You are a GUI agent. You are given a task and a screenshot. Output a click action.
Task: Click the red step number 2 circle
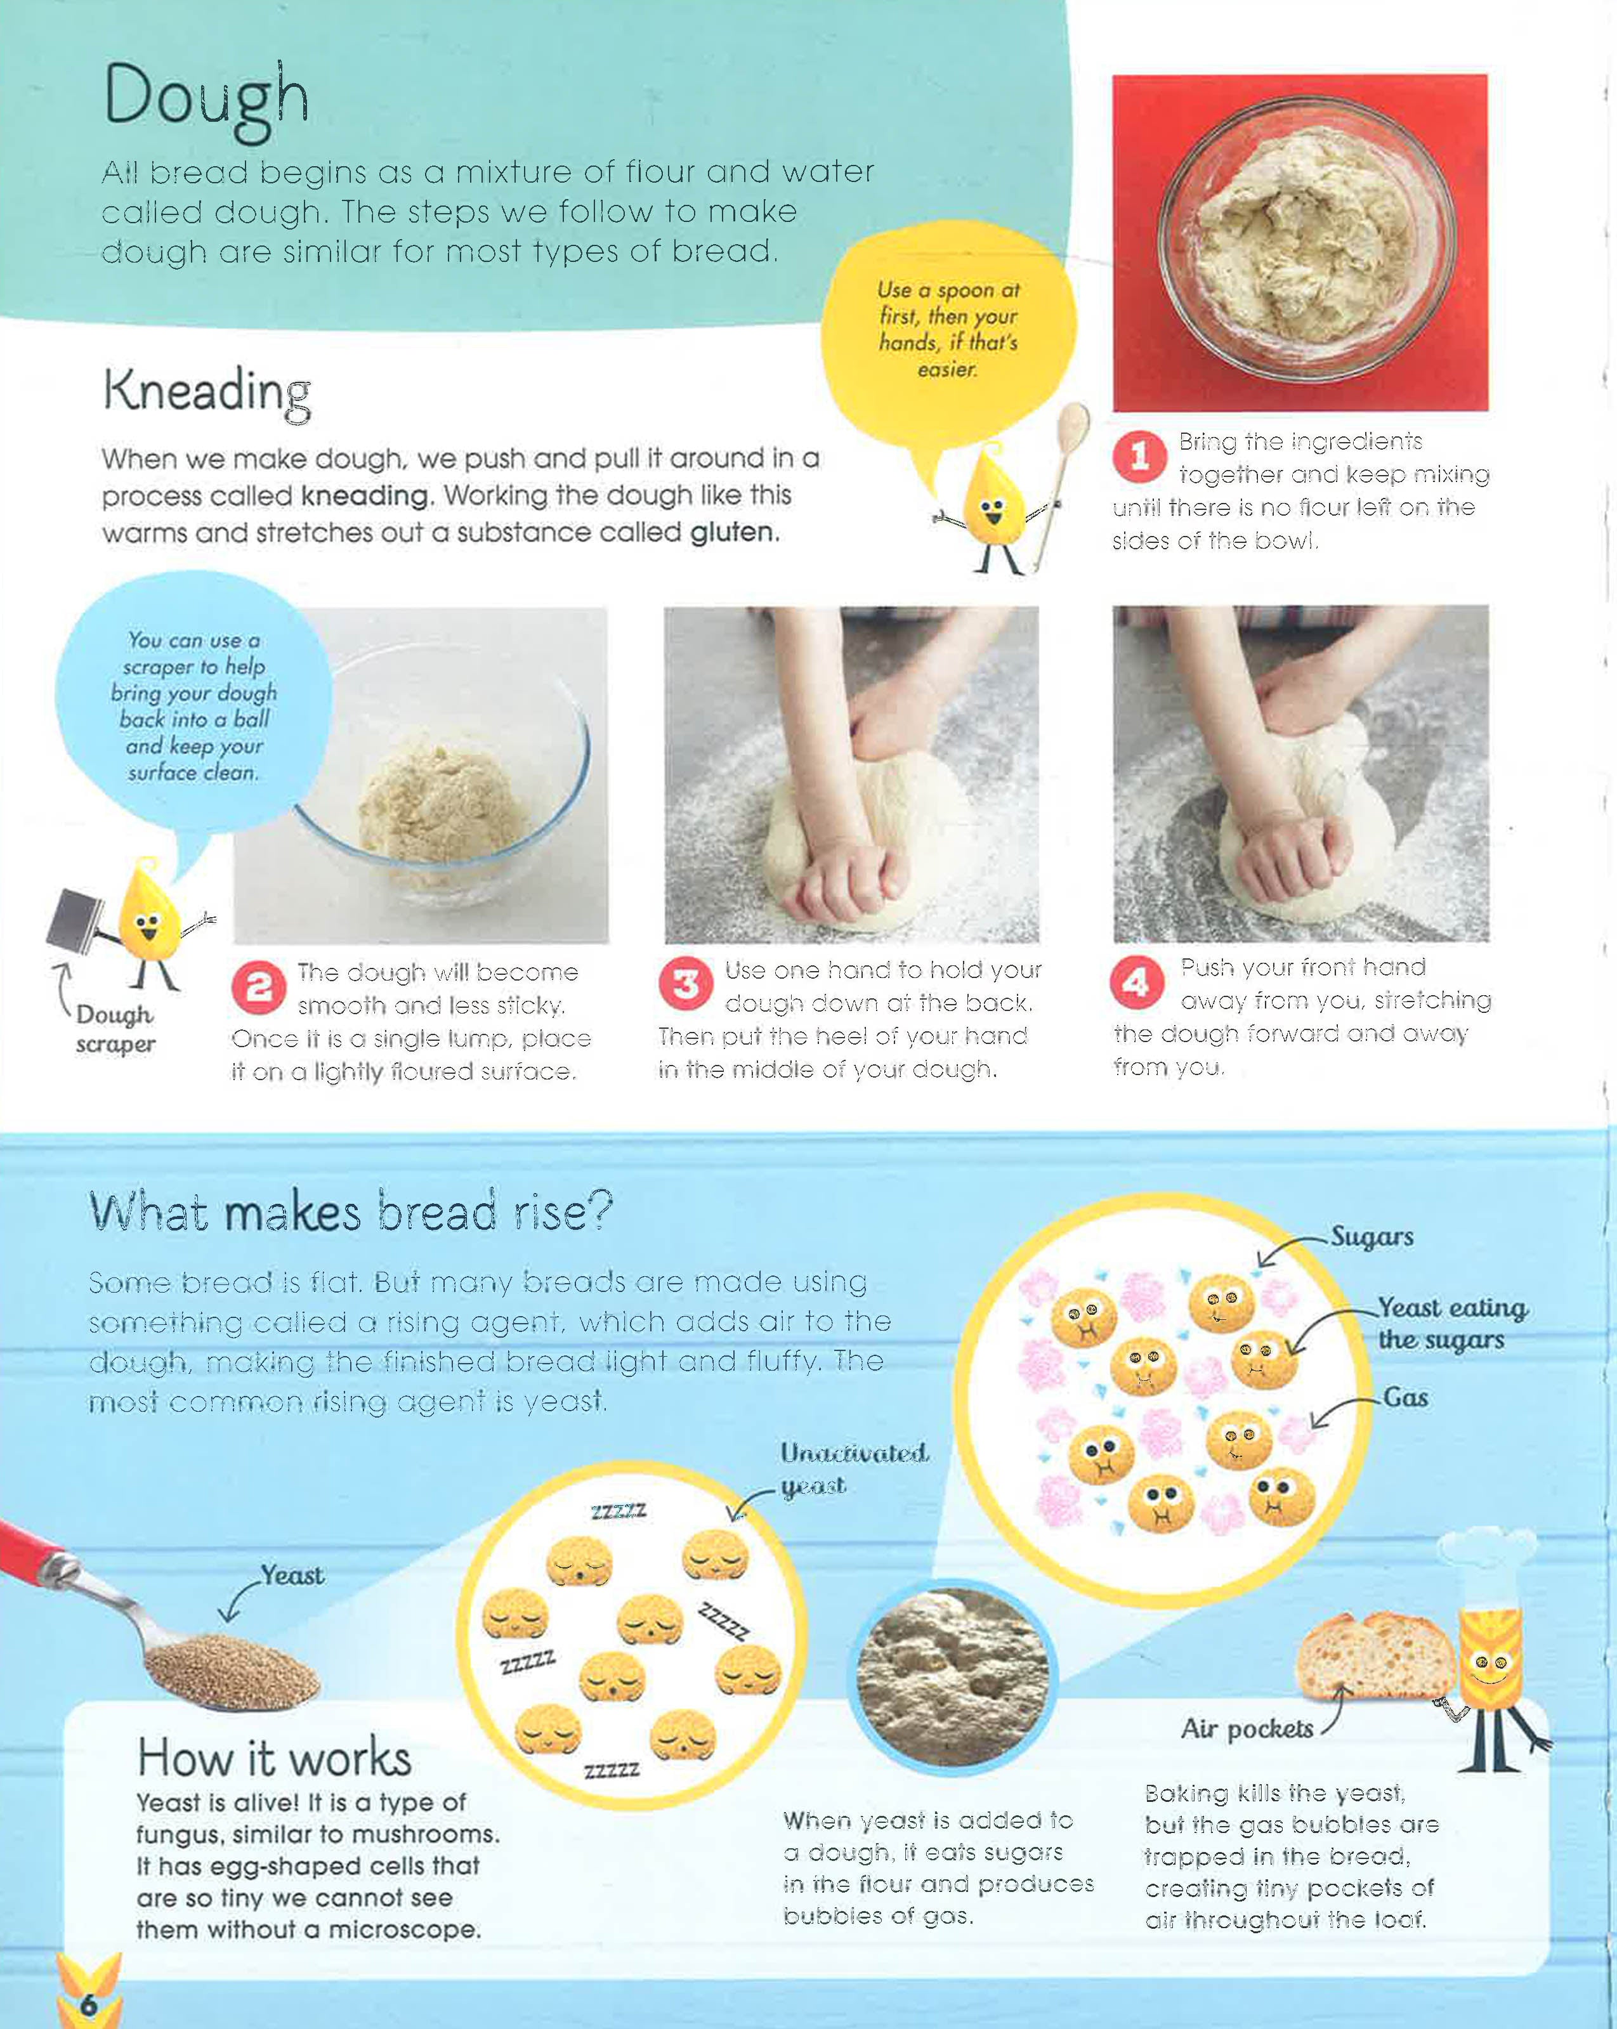pos(259,987)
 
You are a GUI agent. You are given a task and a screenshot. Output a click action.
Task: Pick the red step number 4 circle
pos(1137,982)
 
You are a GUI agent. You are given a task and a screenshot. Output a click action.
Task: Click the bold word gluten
pos(734,533)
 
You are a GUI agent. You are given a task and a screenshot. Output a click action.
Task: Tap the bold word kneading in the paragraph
pos(364,496)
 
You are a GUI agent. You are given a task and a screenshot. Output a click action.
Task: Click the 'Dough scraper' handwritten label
pos(115,1029)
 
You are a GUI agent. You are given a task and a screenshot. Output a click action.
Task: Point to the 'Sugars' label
pos(1372,1237)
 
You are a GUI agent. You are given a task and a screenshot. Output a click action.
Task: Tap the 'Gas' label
pos(1405,1397)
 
